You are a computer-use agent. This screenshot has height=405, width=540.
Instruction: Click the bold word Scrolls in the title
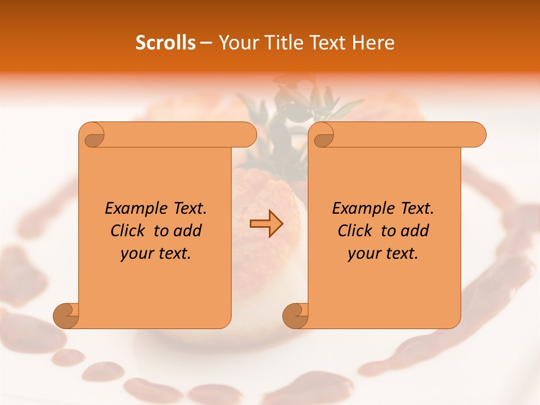point(165,42)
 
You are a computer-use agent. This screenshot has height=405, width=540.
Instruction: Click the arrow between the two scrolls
point(266,224)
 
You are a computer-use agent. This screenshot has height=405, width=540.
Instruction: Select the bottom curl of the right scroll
point(295,315)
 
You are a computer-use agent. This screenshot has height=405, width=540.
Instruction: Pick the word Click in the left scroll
point(123,231)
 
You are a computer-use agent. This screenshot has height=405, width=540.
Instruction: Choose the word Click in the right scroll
point(350,231)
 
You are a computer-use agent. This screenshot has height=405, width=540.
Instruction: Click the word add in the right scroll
point(416,231)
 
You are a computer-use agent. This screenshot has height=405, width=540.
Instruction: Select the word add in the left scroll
point(188,231)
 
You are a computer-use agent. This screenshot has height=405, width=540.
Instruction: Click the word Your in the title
point(236,42)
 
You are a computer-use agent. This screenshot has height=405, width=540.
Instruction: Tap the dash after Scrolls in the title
point(206,43)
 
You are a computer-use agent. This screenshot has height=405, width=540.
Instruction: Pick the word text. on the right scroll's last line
point(401,253)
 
